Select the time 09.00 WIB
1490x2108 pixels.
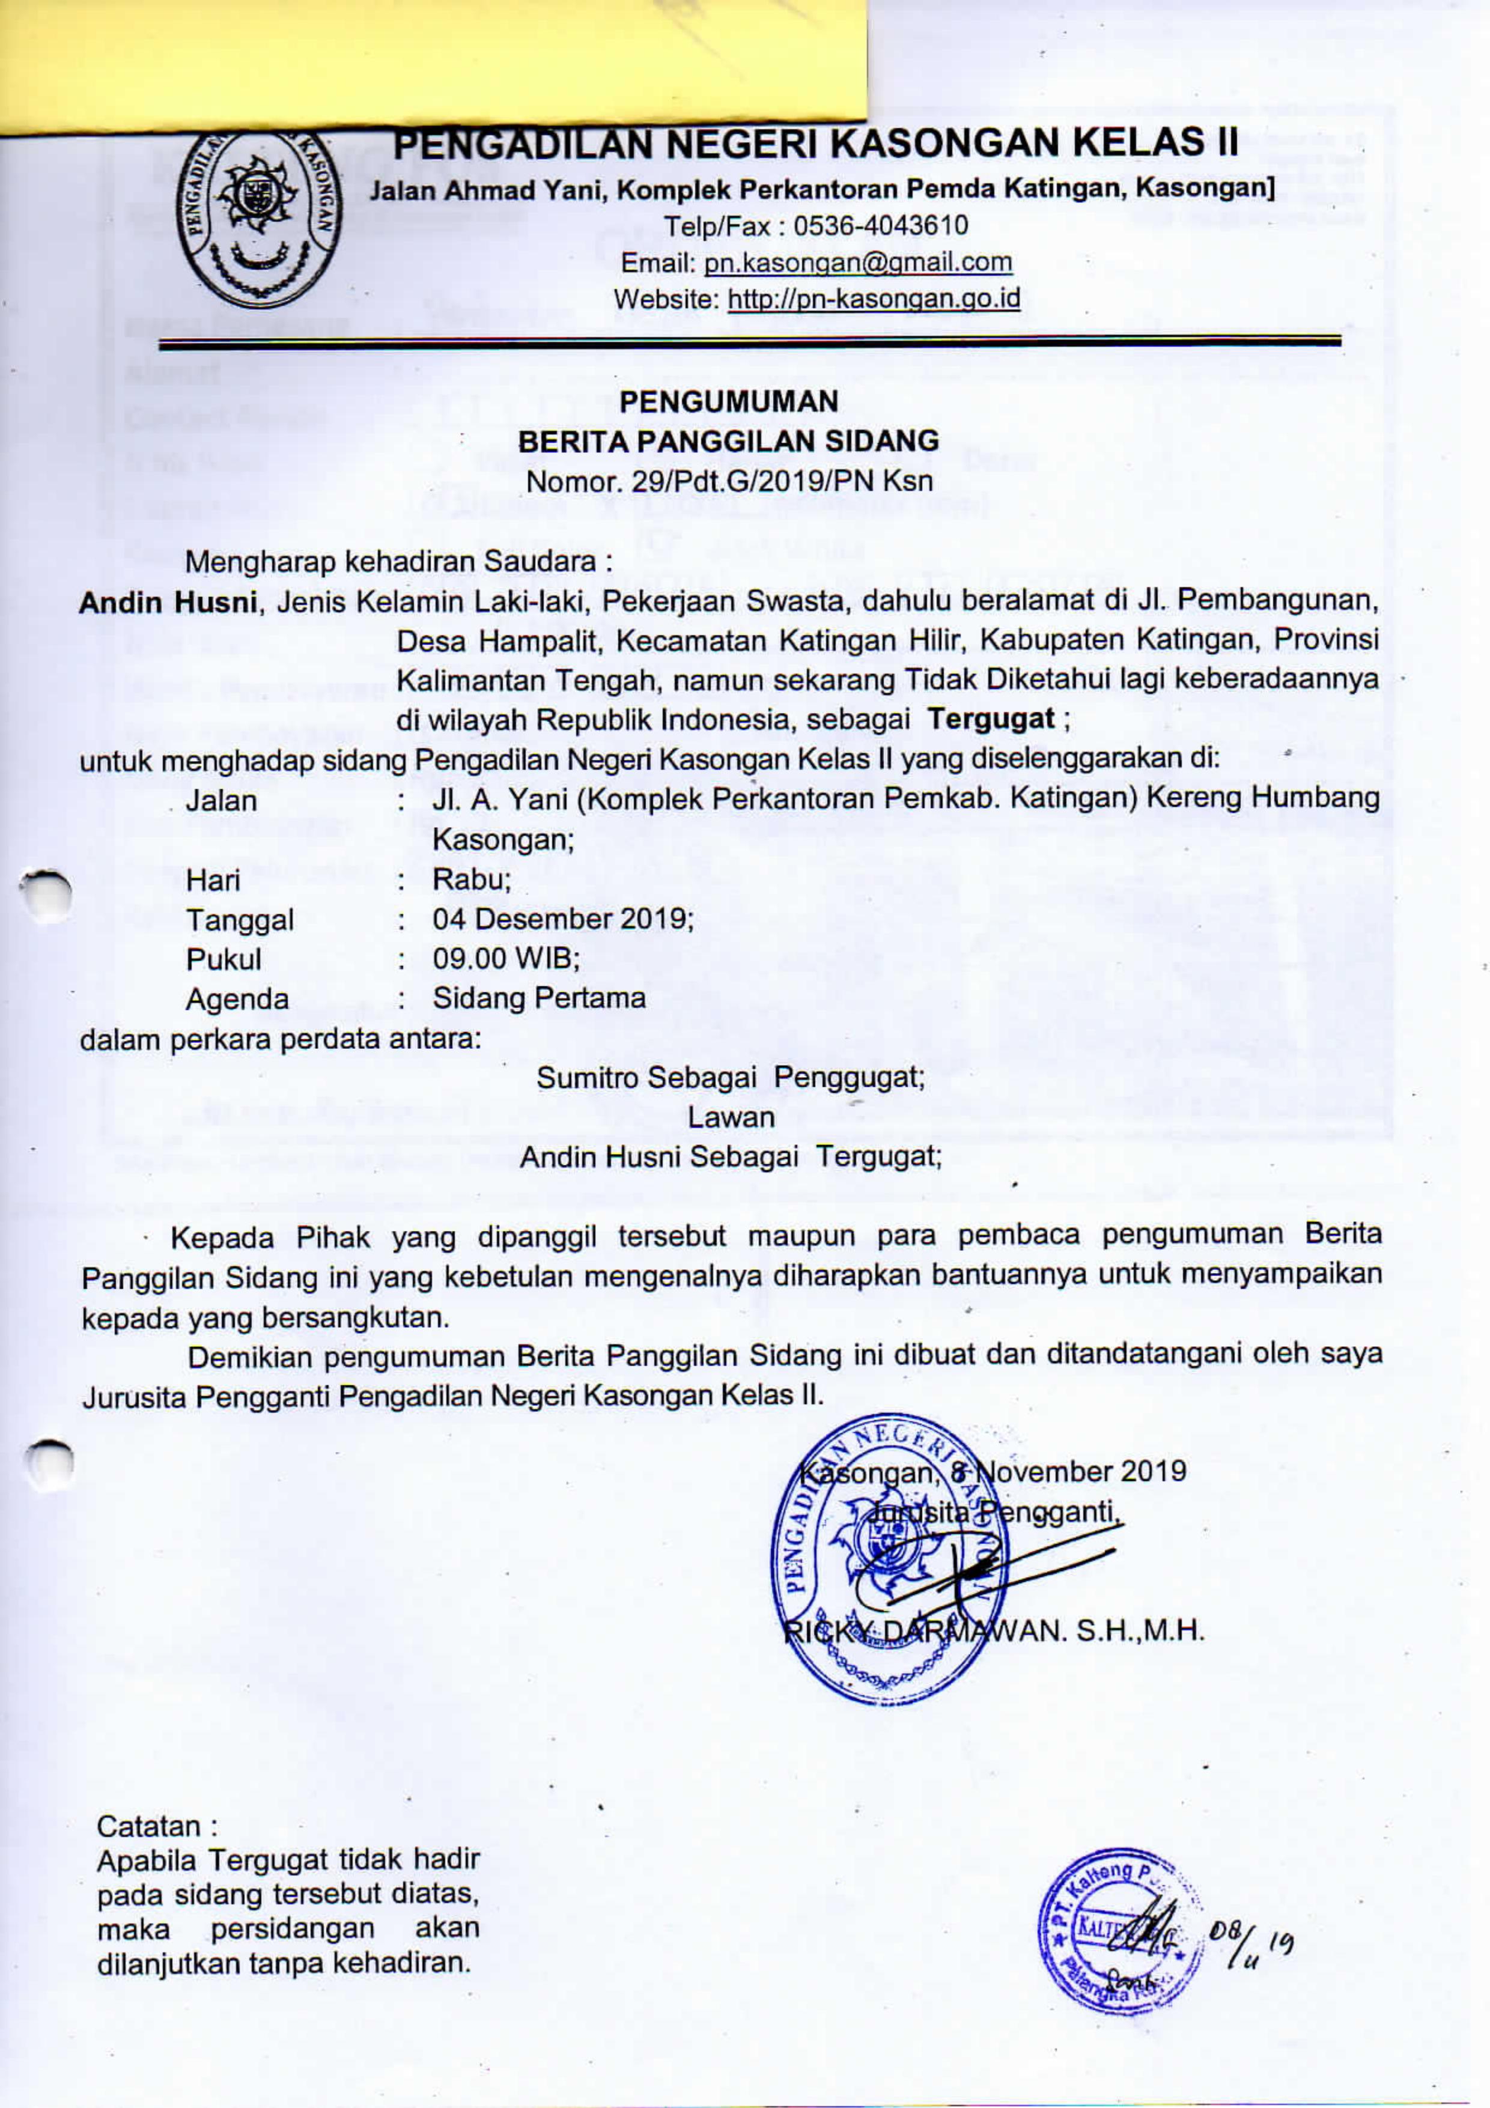(x=505, y=959)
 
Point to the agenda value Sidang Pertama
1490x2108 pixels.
(x=539, y=998)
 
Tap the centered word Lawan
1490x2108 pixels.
(x=731, y=1116)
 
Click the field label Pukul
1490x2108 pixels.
(x=223, y=959)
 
